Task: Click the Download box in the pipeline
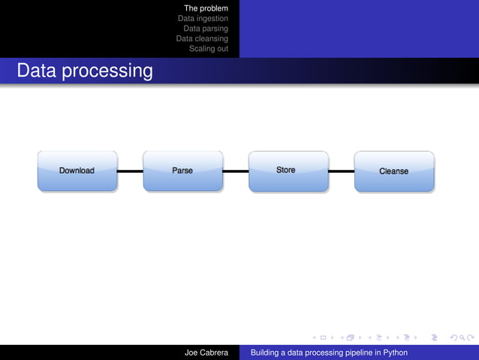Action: click(77, 171)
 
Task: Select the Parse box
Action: click(182, 171)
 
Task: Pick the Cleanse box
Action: click(393, 171)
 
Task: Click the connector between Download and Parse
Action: click(130, 171)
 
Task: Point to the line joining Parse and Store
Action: click(236, 171)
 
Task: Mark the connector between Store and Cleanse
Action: click(341, 171)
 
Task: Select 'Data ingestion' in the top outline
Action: click(203, 18)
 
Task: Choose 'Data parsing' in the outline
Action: click(206, 28)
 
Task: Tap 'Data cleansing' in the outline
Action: click(202, 38)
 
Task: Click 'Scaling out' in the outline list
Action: click(209, 47)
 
